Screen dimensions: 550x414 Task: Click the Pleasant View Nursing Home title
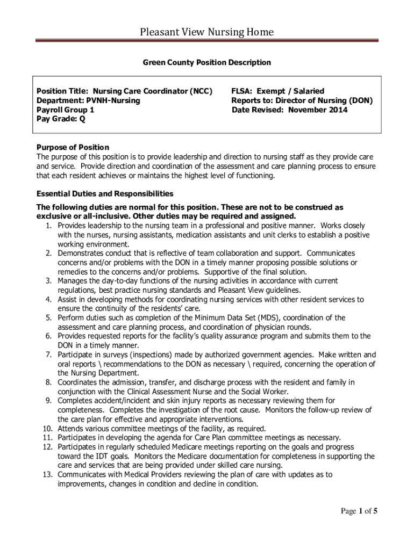pos(207,32)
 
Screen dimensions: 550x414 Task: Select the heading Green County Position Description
pos(207,63)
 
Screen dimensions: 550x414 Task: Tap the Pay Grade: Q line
pos(61,119)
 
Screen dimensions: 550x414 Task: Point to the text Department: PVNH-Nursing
pos(88,100)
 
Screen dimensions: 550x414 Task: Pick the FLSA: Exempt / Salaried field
pos(278,91)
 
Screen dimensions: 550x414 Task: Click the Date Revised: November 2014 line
pos(290,110)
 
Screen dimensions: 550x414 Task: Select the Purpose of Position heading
pos(73,147)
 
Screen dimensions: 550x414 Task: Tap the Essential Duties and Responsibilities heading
pos(105,193)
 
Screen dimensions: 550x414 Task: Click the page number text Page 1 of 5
pos(359,511)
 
